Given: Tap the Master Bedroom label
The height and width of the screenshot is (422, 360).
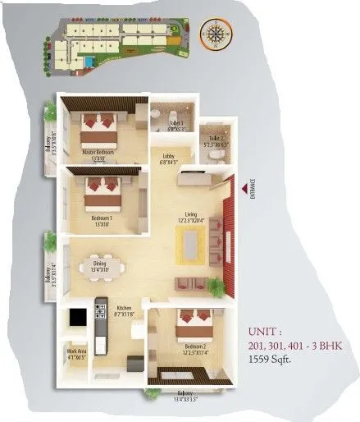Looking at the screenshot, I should [98, 154].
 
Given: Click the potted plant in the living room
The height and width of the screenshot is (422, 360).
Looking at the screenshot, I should [216, 287].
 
